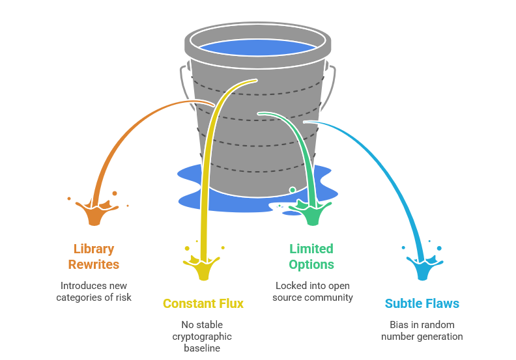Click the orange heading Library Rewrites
94,256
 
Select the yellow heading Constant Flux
203,303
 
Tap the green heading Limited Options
311,256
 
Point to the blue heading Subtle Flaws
422,303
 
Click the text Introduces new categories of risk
94,292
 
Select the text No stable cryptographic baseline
202,337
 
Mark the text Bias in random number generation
422,331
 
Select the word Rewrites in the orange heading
95,264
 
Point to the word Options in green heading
311,264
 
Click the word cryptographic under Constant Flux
202,337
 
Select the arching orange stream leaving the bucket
130,130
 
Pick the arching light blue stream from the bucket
384,163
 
